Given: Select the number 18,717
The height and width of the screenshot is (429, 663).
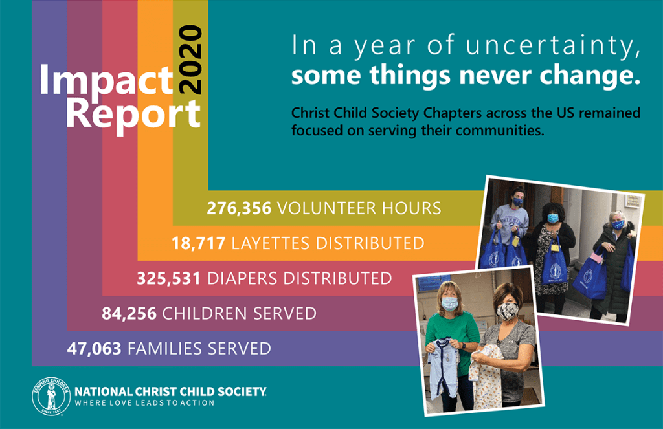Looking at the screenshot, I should click(198, 243).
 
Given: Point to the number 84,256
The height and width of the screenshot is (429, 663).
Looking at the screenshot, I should click(129, 314).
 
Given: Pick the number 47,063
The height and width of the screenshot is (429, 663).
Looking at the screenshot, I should click(94, 349).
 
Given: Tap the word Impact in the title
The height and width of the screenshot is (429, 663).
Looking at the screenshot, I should click(106, 81).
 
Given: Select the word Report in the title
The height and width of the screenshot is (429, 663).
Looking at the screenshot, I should click(133, 115).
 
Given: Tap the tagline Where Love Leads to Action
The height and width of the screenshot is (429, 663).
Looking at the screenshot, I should click(144, 403).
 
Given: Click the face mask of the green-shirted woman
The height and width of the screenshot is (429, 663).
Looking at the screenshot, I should click(450, 303).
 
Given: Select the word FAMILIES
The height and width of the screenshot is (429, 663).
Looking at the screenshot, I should click(164, 349).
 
